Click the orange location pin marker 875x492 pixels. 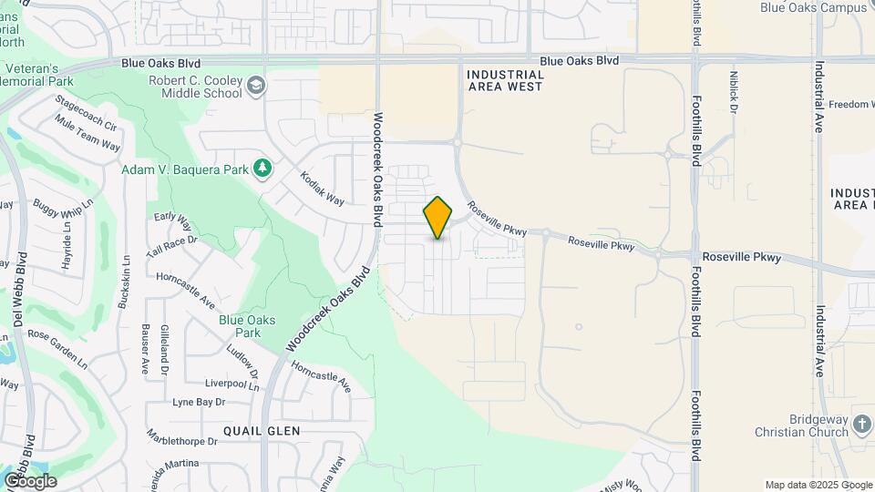click(x=438, y=217)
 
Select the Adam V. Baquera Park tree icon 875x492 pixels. click(x=262, y=168)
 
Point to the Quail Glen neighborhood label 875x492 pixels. click(x=262, y=430)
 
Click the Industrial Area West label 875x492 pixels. click(x=504, y=80)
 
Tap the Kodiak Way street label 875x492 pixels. click(x=323, y=187)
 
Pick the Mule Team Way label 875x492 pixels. click(x=87, y=133)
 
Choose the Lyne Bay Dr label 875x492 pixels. click(x=199, y=402)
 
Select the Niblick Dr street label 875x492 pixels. click(x=734, y=92)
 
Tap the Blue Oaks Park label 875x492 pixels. click(x=240, y=326)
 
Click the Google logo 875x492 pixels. click(x=30, y=480)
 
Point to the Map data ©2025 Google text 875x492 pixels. click(x=818, y=485)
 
